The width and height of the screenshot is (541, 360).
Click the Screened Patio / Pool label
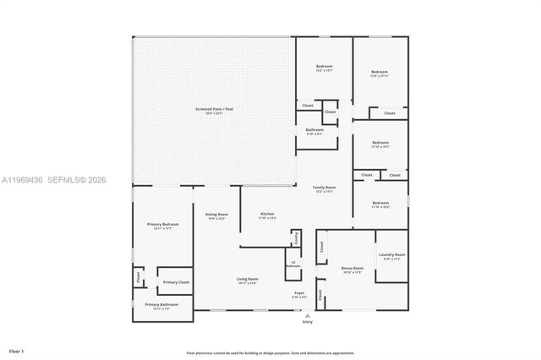click(x=214, y=111)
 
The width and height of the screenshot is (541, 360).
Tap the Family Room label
click(x=324, y=188)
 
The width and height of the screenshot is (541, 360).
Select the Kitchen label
click(x=267, y=215)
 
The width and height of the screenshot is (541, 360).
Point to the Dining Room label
click(x=216, y=215)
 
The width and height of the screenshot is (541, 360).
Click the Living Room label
click(x=247, y=281)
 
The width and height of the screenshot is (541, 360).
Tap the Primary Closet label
click(x=176, y=282)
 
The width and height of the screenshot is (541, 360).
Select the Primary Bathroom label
click(x=161, y=306)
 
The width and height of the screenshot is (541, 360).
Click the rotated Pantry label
click(x=296, y=239)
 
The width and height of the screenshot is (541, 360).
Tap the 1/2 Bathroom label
click(x=292, y=264)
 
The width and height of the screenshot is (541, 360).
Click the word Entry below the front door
click(x=307, y=322)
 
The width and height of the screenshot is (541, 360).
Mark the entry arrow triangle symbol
click(x=307, y=314)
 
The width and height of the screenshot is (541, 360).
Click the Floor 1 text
click(x=16, y=350)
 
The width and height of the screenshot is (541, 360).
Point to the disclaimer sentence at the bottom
click(x=270, y=352)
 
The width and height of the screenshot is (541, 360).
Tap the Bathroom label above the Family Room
click(x=314, y=130)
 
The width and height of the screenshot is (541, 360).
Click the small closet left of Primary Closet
click(x=137, y=275)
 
